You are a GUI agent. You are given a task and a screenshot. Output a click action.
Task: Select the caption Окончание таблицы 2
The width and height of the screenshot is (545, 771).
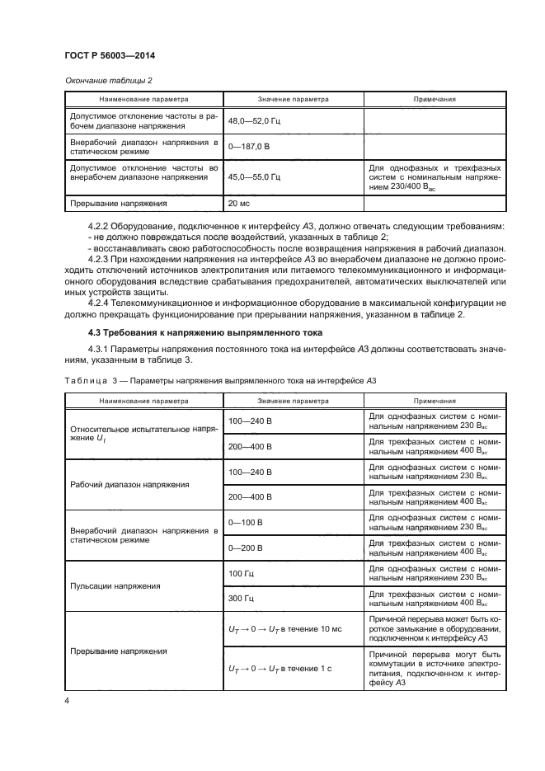108,80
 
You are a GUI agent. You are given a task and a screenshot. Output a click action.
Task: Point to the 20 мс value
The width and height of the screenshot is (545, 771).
238,203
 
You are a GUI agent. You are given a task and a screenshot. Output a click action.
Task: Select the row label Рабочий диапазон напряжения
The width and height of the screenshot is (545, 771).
141,484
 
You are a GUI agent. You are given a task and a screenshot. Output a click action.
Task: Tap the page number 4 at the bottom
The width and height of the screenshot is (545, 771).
66,701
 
